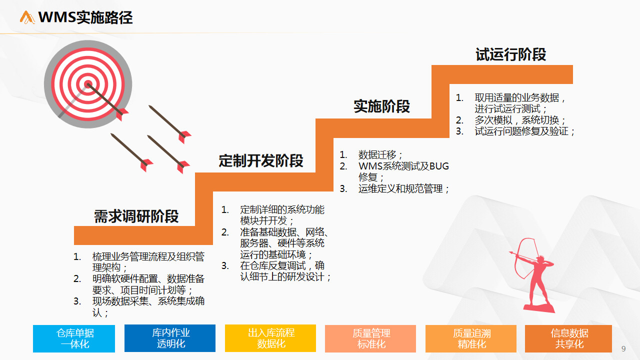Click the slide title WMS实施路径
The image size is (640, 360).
click(x=85, y=17)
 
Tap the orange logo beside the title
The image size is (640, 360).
click(x=27, y=17)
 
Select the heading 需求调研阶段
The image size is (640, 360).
click(x=136, y=216)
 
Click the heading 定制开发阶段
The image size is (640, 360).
click(x=261, y=160)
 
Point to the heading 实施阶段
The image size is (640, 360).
click(x=381, y=106)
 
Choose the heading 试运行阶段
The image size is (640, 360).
click(x=511, y=54)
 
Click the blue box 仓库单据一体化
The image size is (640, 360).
click(x=74, y=338)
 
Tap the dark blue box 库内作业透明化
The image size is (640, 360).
click(x=170, y=338)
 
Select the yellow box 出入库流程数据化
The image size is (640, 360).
click(x=270, y=338)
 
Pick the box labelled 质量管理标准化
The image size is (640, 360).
click(x=370, y=338)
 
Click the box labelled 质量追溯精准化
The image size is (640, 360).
click(x=471, y=338)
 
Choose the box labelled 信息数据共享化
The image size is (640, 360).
click(x=568, y=338)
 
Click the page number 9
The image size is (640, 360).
click(x=623, y=348)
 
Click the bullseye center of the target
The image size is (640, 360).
click(x=88, y=84)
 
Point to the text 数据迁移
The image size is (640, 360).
click(x=377, y=155)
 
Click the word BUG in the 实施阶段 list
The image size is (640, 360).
click(x=439, y=166)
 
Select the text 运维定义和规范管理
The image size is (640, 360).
click(x=400, y=188)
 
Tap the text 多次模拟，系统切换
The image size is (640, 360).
click(x=516, y=120)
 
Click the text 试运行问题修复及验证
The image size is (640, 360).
click(x=521, y=131)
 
